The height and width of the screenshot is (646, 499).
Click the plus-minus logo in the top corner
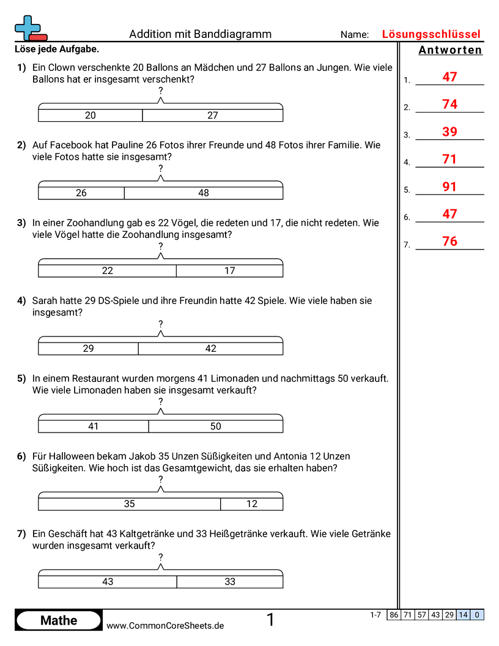[x=29, y=28]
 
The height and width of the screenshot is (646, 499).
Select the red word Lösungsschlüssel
[x=431, y=34]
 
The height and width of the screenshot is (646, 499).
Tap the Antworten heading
[x=450, y=50]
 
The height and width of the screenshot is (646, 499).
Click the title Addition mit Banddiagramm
[x=200, y=34]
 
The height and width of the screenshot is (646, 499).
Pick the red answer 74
[x=449, y=105]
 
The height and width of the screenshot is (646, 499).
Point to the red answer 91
[x=449, y=187]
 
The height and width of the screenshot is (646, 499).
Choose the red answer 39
[x=449, y=132]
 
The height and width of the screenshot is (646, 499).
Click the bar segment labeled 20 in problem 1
[x=91, y=115]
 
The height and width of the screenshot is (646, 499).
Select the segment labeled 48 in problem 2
[x=204, y=193]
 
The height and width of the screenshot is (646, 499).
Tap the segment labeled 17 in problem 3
[x=229, y=270]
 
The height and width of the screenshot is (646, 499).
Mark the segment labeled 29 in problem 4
[x=89, y=348]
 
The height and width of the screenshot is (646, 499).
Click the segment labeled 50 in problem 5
[x=215, y=426]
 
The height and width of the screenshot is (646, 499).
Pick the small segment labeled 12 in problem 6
[x=252, y=504]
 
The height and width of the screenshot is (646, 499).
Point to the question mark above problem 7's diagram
[x=160, y=557]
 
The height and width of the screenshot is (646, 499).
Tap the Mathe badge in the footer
[x=59, y=620]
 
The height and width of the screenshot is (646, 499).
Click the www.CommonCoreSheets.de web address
[x=165, y=626]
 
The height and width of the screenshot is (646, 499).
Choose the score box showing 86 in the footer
[x=394, y=615]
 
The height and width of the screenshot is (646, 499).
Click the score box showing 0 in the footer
[x=477, y=615]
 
